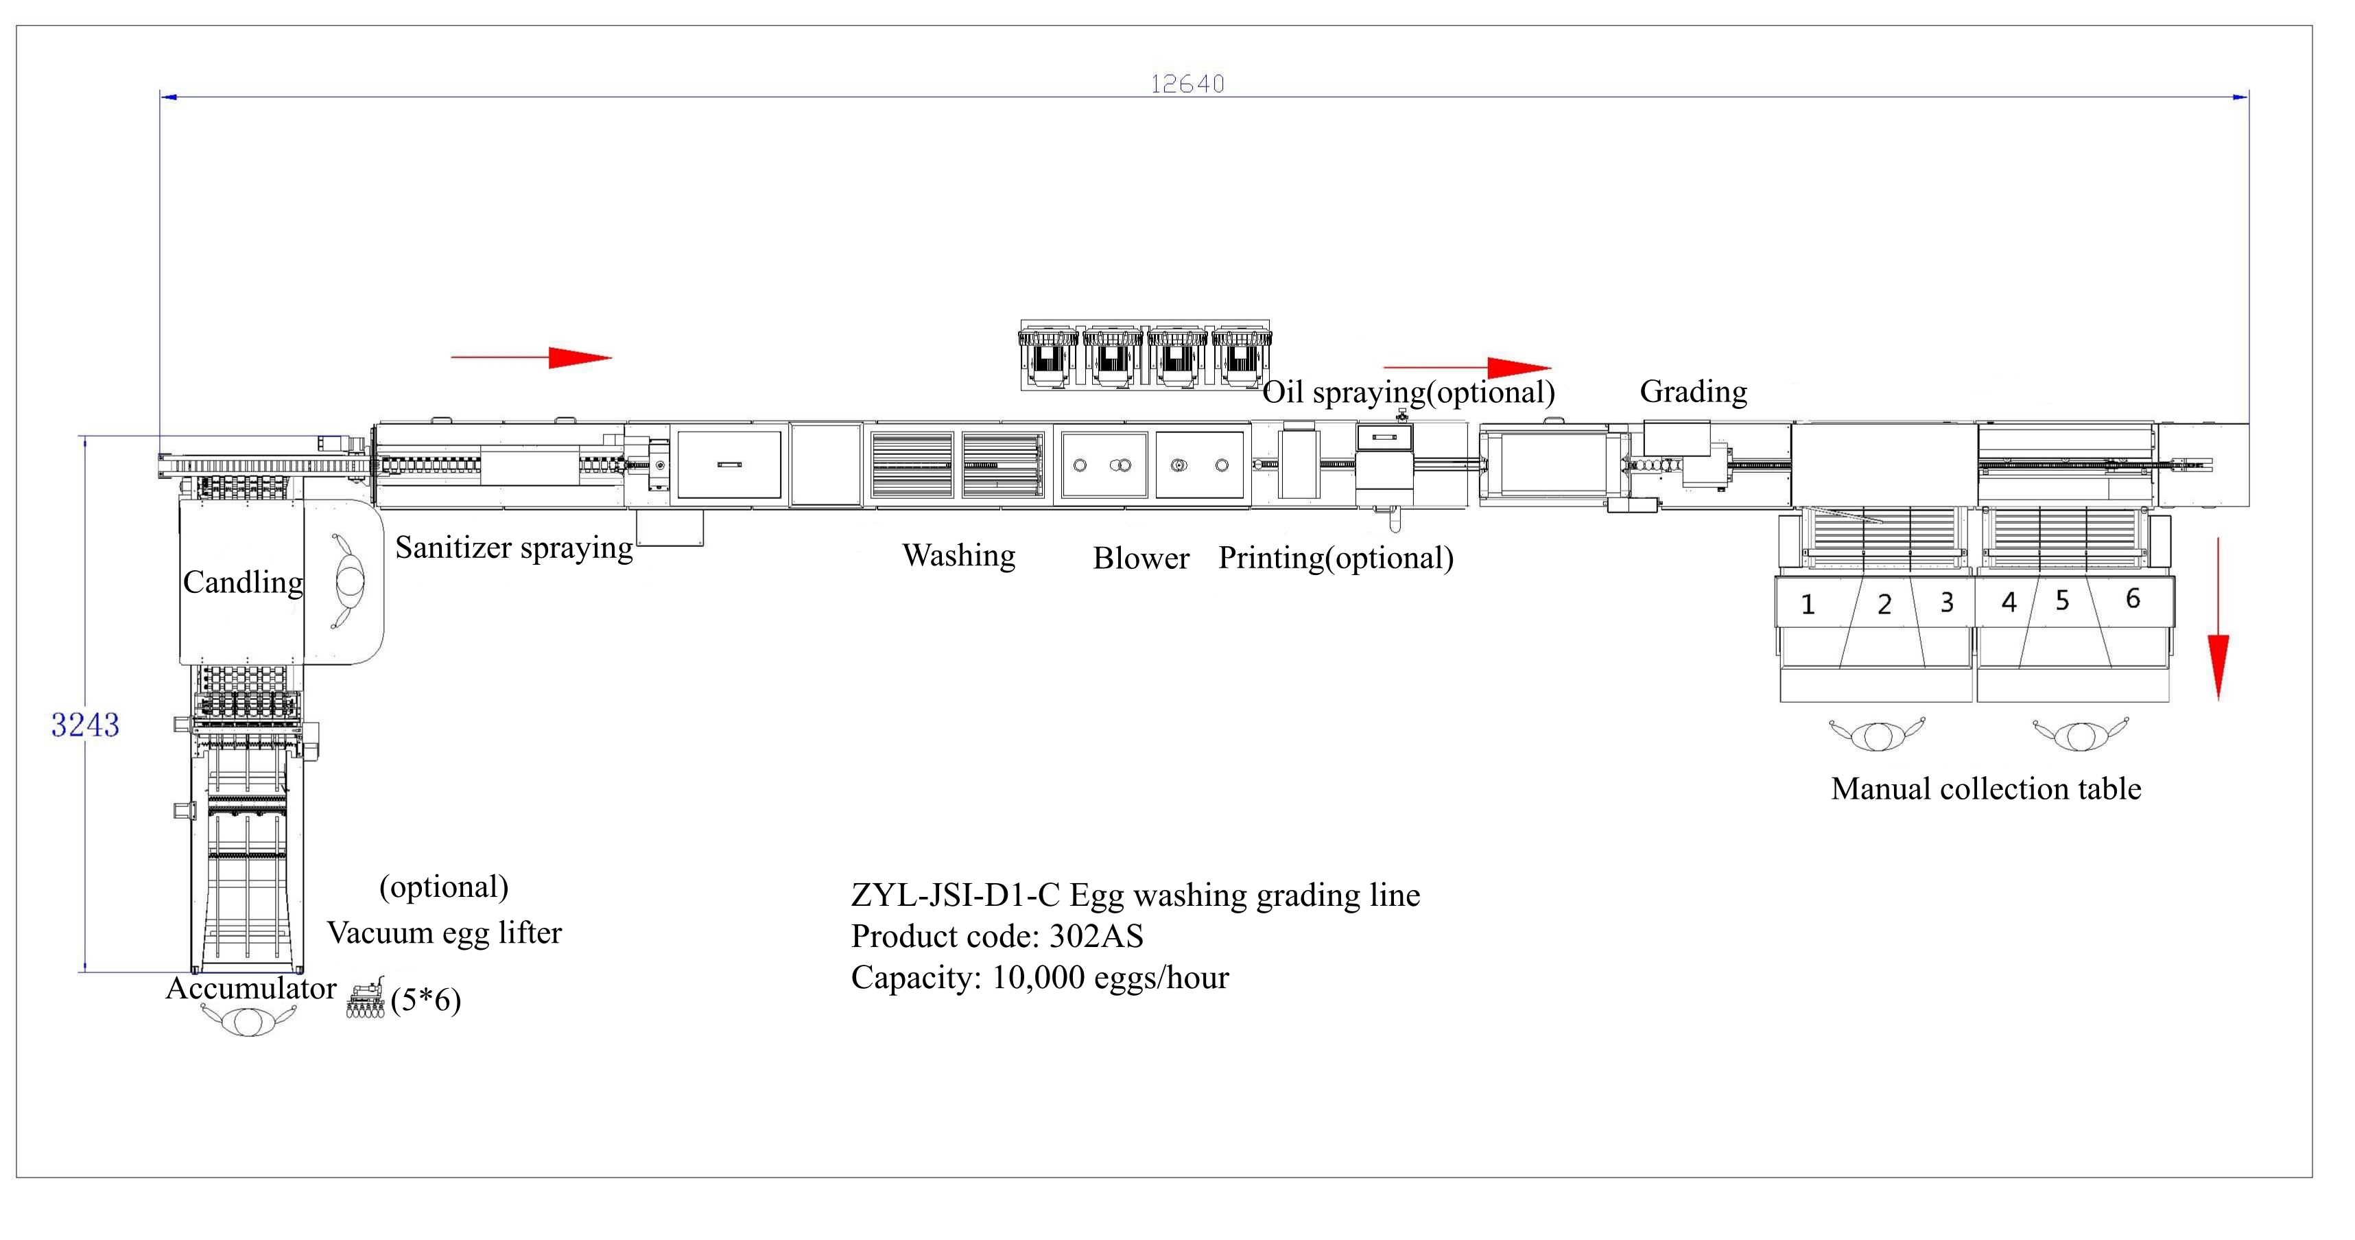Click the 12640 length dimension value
click(1187, 84)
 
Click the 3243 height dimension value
click(85, 725)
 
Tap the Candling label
click(242, 583)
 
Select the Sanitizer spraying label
click(514, 548)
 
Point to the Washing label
click(958, 555)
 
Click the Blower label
click(1141, 558)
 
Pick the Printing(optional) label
click(1336, 558)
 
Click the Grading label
click(1693, 391)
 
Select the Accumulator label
click(250, 989)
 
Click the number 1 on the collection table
click(1808, 605)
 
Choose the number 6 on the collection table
click(2133, 599)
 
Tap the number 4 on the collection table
click(2009, 602)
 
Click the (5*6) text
click(425, 1001)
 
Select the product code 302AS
click(1096, 937)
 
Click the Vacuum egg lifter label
click(445, 933)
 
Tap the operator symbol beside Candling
click(349, 582)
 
